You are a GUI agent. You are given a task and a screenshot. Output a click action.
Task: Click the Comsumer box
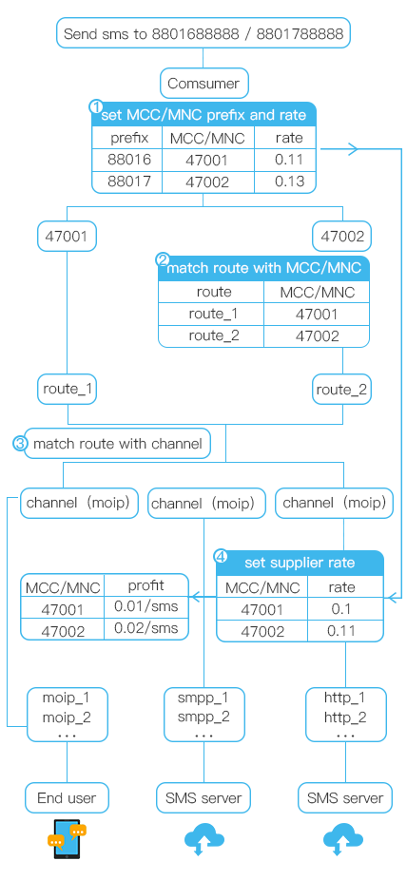coord(203,84)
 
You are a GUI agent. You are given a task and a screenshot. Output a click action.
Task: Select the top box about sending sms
coord(203,33)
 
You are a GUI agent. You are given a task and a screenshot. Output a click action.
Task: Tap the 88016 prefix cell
coord(129,160)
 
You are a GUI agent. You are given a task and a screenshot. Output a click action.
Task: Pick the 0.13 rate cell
coord(289,182)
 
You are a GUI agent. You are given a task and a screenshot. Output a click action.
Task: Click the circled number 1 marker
coord(97,106)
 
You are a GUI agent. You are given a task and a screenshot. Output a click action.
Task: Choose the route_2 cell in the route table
coord(211,335)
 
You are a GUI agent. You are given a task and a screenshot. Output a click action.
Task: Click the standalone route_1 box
coord(68,389)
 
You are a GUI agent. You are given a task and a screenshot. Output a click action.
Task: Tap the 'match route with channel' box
coord(118,444)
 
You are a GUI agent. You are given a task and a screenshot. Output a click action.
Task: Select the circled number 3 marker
coord(20,444)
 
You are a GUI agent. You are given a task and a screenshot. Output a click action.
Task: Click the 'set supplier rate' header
coord(300,564)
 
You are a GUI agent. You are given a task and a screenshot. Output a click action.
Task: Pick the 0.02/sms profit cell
coord(145,628)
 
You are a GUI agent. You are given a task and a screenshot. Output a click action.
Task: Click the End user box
coord(67,797)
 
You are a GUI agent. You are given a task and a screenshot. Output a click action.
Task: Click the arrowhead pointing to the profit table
coord(194,597)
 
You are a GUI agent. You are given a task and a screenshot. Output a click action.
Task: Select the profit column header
coord(145,585)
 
